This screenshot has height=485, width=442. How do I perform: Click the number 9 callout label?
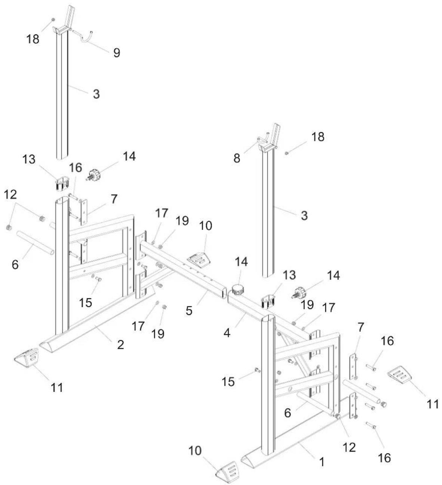[117, 52]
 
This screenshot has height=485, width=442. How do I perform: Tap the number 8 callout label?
[237, 158]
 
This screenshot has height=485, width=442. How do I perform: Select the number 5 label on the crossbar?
[189, 311]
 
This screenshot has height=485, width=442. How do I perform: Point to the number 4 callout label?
[227, 333]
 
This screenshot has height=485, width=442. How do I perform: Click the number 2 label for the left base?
[120, 345]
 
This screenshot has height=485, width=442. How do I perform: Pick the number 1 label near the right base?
[322, 462]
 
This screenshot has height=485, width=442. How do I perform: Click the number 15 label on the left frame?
[86, 302]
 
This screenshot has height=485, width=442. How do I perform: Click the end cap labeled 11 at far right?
[399, 375]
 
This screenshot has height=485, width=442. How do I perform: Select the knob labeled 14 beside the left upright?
[93, 175]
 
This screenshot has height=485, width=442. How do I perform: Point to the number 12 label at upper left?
[10, 194]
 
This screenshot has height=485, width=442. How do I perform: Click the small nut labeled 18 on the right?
[286, 153]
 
